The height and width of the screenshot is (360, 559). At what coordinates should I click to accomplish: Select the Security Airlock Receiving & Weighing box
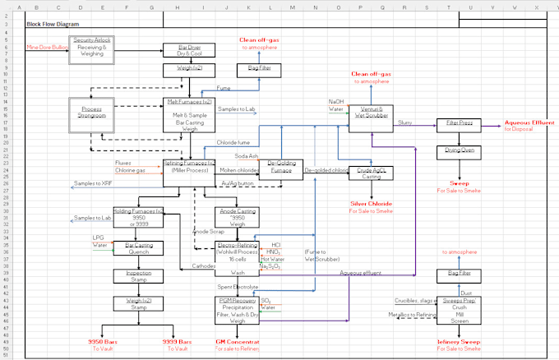pyautogui.click(x=92, y=48)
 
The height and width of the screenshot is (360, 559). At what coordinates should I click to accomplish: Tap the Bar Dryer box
pyautogui.click(x=189, y=50)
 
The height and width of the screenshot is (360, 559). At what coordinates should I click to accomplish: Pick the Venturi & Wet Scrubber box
pyautogui.click(x=372, y=112)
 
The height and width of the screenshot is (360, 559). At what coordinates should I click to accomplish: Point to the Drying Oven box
pyautogui.click(x=459, y=152)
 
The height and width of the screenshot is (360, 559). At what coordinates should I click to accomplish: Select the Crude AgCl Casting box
pyautogui.click(x=372, y=173)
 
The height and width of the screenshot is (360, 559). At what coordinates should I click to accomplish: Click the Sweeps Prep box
pyautogui.click(x=459, y=307)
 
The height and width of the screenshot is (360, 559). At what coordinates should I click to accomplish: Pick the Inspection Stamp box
pyautogui.click(x=138, y=276)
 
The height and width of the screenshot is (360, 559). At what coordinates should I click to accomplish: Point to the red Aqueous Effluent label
pyautogui.click(x=529, y=124)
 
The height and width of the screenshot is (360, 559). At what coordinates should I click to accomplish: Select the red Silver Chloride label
pyautogui.click(x=371, y=204)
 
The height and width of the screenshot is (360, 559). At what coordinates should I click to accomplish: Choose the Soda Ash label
pyautogui.click(x=246, y=155)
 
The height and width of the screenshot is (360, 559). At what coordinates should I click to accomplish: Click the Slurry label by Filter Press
pyautogui.click(x=404, y=122)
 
